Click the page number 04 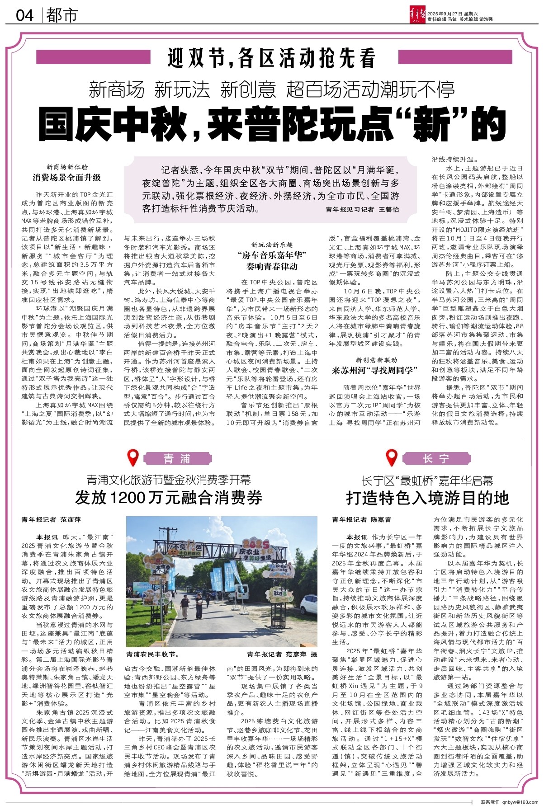tap(25, 15)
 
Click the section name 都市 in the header tap(62, 15)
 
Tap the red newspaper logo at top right tap(416, 15)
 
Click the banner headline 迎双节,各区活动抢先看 tap(271, 58)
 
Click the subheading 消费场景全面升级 tap(67, 178)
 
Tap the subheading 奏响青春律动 tap(272, 266)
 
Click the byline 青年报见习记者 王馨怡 tap(362, 210)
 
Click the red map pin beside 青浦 tap(132, 458)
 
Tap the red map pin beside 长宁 tap(391, 458)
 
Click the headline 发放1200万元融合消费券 tap(169, 498)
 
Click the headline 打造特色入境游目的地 tap(427, 498)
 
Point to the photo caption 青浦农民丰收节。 tap(153, 654)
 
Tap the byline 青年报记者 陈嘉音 tap(362, 520)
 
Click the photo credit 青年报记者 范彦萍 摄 tap(282, 654)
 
